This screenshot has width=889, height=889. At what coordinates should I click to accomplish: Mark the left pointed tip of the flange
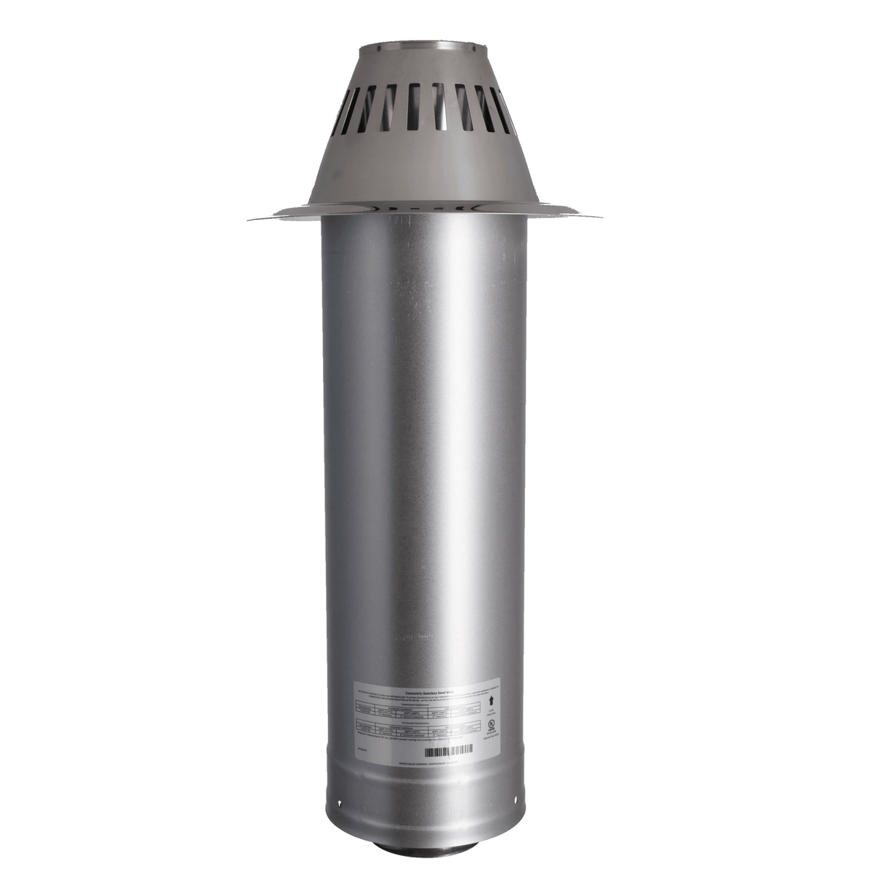249,218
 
